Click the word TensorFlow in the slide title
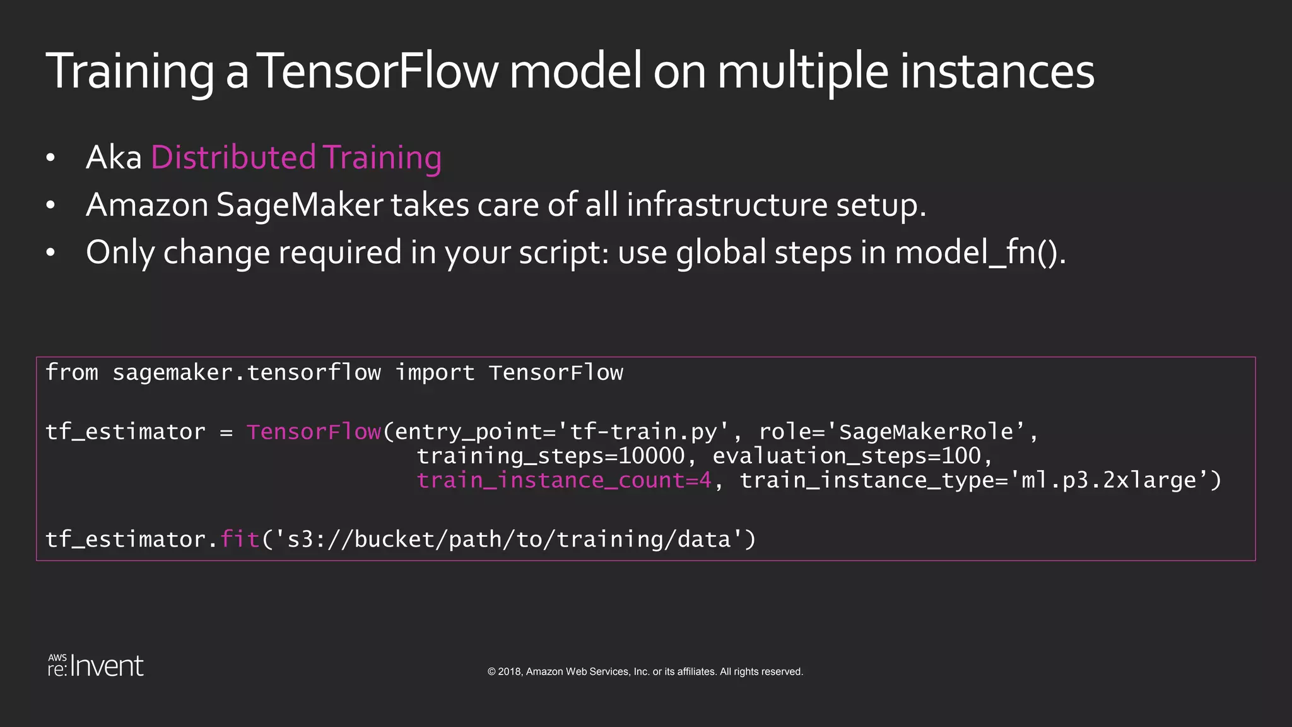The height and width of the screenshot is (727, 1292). click(378, 71)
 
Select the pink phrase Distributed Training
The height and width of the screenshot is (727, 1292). click(296, 157)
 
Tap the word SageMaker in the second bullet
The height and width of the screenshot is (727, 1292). click(300, 205)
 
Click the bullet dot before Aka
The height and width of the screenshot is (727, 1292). click(51, 158)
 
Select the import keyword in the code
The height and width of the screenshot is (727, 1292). click(435, 373)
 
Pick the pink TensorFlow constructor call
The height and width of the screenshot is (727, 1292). click(314, 432)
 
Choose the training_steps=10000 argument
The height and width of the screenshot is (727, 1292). click(550, 456)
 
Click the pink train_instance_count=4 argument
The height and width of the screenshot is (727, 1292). click(564, 481)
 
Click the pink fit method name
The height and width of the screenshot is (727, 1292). click(240, 540)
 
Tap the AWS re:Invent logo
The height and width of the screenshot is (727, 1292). click(96, 666)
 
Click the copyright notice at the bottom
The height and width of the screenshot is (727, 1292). click(645, 671)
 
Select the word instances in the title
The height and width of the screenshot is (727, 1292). click(997, 71)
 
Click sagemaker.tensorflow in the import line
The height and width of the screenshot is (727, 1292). click(246, 373)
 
